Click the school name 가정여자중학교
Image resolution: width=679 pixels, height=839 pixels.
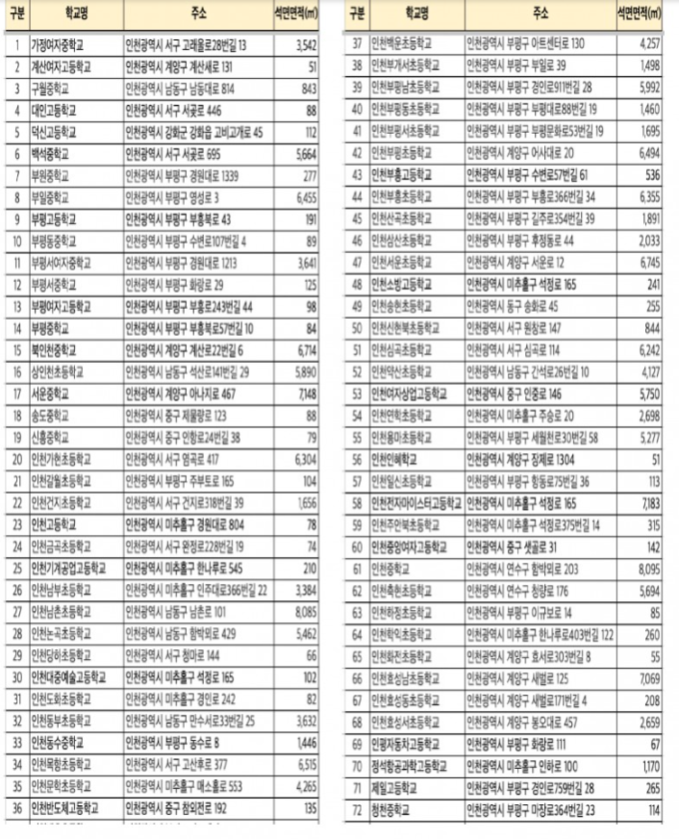click(61, 45)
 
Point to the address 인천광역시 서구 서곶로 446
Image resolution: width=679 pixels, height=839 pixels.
click(171, 110)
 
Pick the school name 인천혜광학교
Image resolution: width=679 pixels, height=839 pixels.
click(397, 458)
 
